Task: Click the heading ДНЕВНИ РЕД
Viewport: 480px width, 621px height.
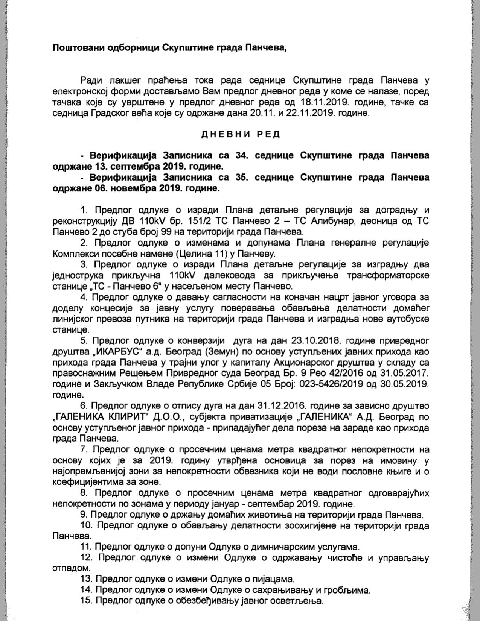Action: (x=241, y=135)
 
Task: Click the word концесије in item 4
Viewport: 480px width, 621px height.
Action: (x=109, y=308)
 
